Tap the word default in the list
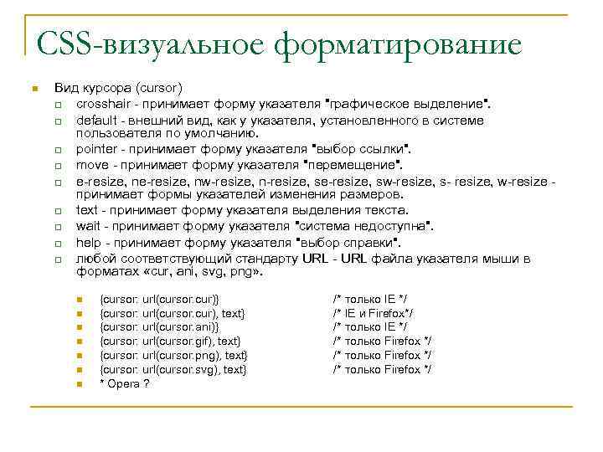click(96, 121)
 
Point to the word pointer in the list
click(97, 148)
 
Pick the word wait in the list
click(88, 226)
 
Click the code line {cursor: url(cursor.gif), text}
click(170, 341)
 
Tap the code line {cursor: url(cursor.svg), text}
click(173, 369)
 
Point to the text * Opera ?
click(125, 383)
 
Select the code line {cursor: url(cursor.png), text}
click(173, 355)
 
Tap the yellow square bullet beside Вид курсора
click(32, 88)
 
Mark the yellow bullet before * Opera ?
click(80, 384)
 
